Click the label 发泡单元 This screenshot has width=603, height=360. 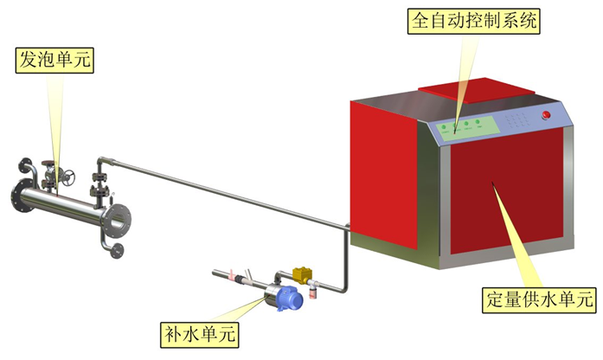[54, 60]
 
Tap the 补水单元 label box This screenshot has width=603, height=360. [200, 331]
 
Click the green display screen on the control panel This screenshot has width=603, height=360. [465, 128]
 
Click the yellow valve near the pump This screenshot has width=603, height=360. [304, 274]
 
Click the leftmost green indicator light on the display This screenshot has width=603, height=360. [443, 128]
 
